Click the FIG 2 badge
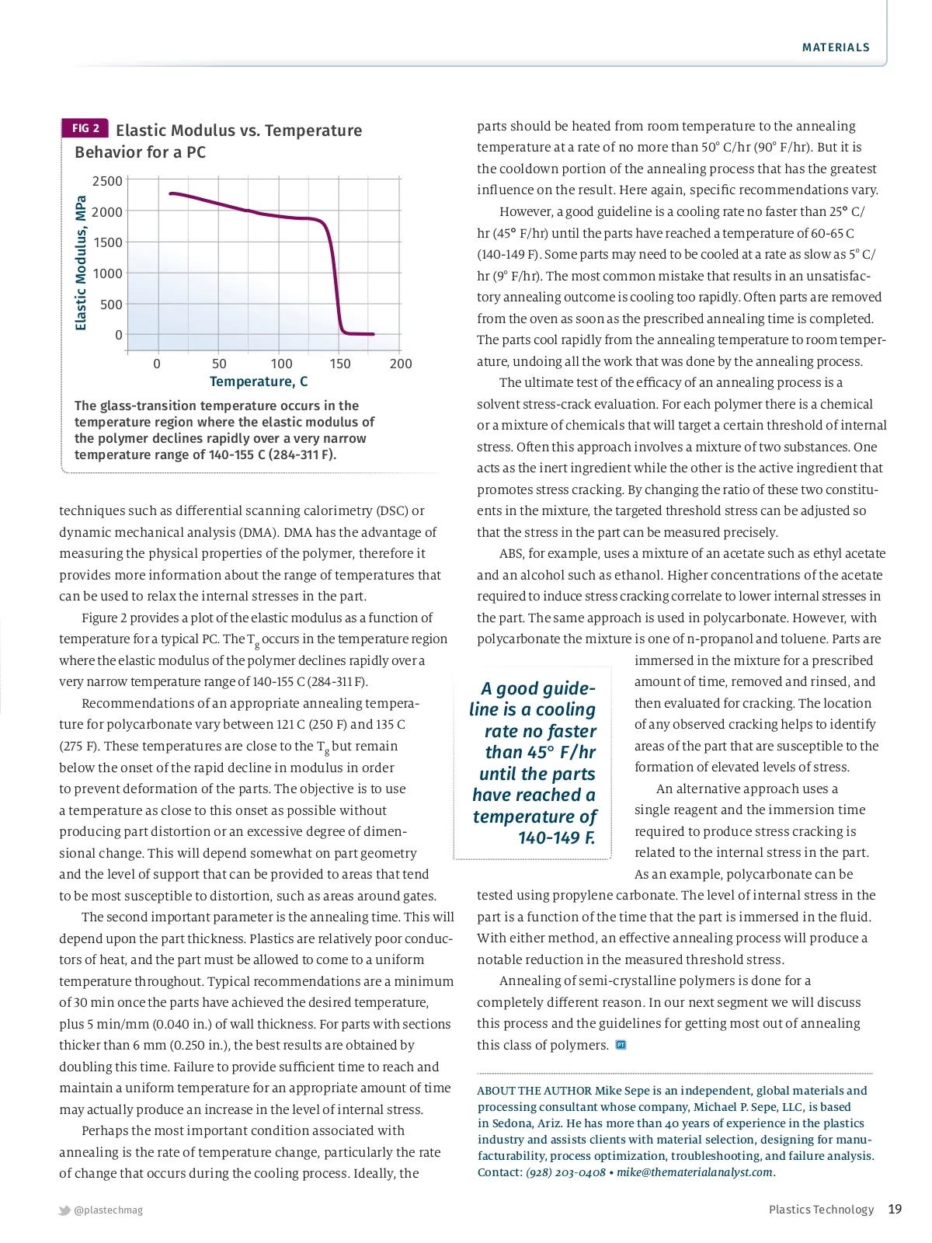click(x=85, y=128)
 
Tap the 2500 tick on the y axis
click(x=107, y=181)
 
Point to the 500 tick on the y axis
click(x=111, y=305)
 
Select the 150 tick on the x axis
click(x=340, y=364)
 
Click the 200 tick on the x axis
click(x=401, y=364)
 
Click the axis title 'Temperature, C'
click(x=259, y=381)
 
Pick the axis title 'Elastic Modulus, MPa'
click(x=81, y=263)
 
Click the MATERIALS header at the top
click(x=836, y=47)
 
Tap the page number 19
click(x=895, y=1209)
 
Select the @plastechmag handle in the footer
click(x=109, y=1210)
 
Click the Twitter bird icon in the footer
click(x=64, y=1210)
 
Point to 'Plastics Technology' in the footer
click(x=821, y=1210)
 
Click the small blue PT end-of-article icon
click(x=621, y=1045)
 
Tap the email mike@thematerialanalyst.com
click(x=696, y=1172)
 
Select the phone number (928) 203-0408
click(x=565, y=1172)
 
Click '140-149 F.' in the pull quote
click(x=556, y=837)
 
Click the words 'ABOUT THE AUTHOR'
click(x=534, y=1091)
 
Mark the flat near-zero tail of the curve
click(x=359, y=334)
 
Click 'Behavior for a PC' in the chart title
click(x=140, y=152)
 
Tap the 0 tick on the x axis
click(x=157, y=364)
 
